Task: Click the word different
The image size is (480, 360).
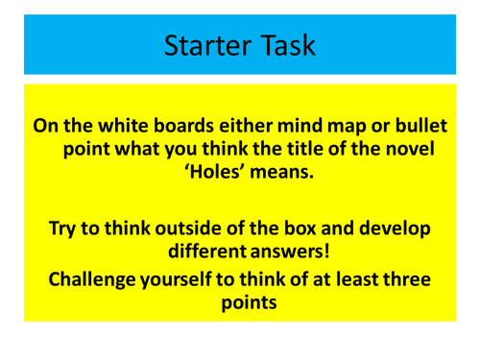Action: pyautogui.click(x=202, y=254)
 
